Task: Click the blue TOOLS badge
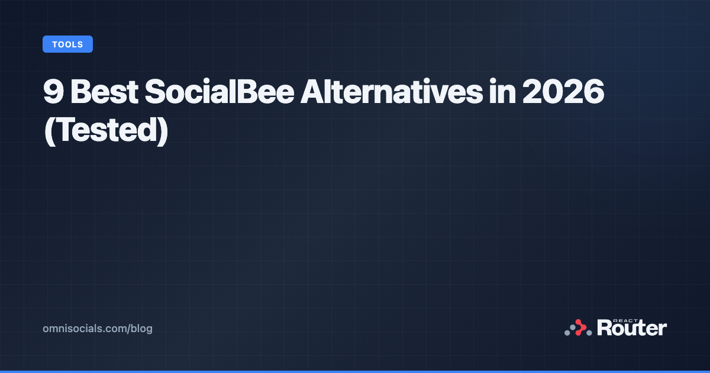pos(67,44)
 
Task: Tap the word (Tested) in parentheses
pos(106,128)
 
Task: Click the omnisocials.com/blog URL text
pos(98,328)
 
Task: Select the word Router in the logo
pos(632,328)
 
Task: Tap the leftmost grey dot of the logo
pos(567,333)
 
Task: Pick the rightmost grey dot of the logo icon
pos(589,333)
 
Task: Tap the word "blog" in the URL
pos(142,328)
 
